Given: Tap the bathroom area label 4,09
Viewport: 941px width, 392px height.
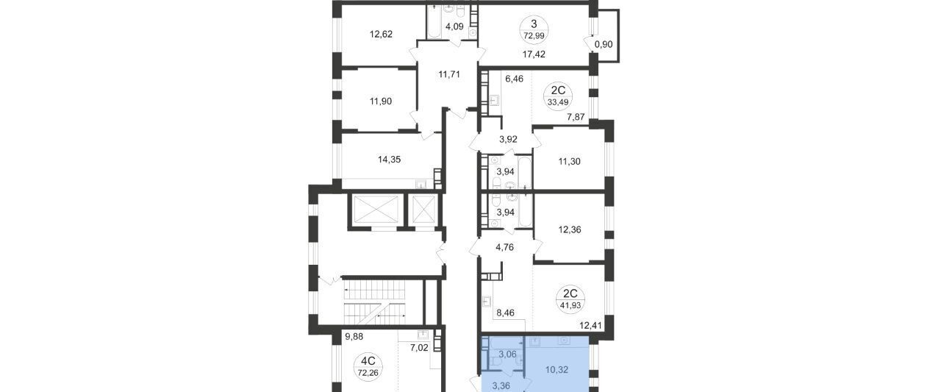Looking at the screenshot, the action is (x=454, y=26).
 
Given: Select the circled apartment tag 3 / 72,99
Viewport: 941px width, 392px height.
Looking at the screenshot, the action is (x=534, y=29).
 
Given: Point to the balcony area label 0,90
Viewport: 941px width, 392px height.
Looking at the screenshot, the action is (x=604, y=44).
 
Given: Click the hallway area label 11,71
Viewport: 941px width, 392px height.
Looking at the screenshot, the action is (x=449, y=74).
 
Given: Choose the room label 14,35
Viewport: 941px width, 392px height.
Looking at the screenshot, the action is (x=389, y=160).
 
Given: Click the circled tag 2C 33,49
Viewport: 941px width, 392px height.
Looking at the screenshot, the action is (x=558, y=97).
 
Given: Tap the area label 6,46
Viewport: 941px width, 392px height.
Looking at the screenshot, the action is (x=514, y=79).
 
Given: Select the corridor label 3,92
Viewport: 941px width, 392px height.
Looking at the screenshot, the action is (x=508, y=139).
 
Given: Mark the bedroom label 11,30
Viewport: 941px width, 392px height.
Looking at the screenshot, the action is (x=569, y=161).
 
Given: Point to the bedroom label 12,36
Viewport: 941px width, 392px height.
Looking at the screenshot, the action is (x=570, y=229).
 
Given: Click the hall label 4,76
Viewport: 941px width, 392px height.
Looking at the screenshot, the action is (x=504, y=247).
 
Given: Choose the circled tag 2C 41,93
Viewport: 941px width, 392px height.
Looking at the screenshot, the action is (x=570, y=299).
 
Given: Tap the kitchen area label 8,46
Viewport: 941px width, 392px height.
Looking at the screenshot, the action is (x=505, y=313).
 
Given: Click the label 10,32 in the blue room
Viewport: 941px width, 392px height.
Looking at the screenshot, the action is (x=557, y=370).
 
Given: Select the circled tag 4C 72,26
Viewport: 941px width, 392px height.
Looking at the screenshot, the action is (x=368, y=367).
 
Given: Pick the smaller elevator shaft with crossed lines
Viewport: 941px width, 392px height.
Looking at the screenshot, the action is (x=423, y=210).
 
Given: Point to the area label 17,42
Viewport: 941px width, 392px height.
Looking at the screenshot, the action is (x=534, y=54).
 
